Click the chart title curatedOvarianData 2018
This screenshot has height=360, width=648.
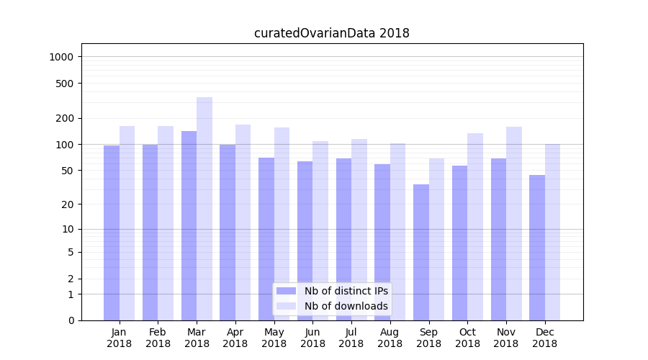tap(332, 33)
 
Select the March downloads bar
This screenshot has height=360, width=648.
tap(204, 209)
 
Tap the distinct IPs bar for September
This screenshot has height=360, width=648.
tap(421, 252)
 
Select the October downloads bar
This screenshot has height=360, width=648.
tap(475, 227)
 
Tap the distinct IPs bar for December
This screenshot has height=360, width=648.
tap(537, 248)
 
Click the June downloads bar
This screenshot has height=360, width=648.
tap(320, 230)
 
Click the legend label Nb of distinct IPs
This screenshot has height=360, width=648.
tap(346, 291)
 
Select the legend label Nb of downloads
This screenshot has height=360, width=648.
tap(346, 306)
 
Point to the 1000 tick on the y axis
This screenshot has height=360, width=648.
tap(63, 57)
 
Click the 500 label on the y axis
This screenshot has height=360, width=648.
tap(66, 84)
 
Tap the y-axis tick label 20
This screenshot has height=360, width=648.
tap(68, 204)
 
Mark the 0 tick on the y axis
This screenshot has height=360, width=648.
tap(71, 320)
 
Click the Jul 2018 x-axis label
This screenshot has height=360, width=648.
tap(351, 338)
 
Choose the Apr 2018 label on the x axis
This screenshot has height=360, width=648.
tap(235, 338)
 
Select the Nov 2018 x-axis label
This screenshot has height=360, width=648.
tap(506, 338)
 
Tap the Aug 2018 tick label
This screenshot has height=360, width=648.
tap(390, 338)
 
